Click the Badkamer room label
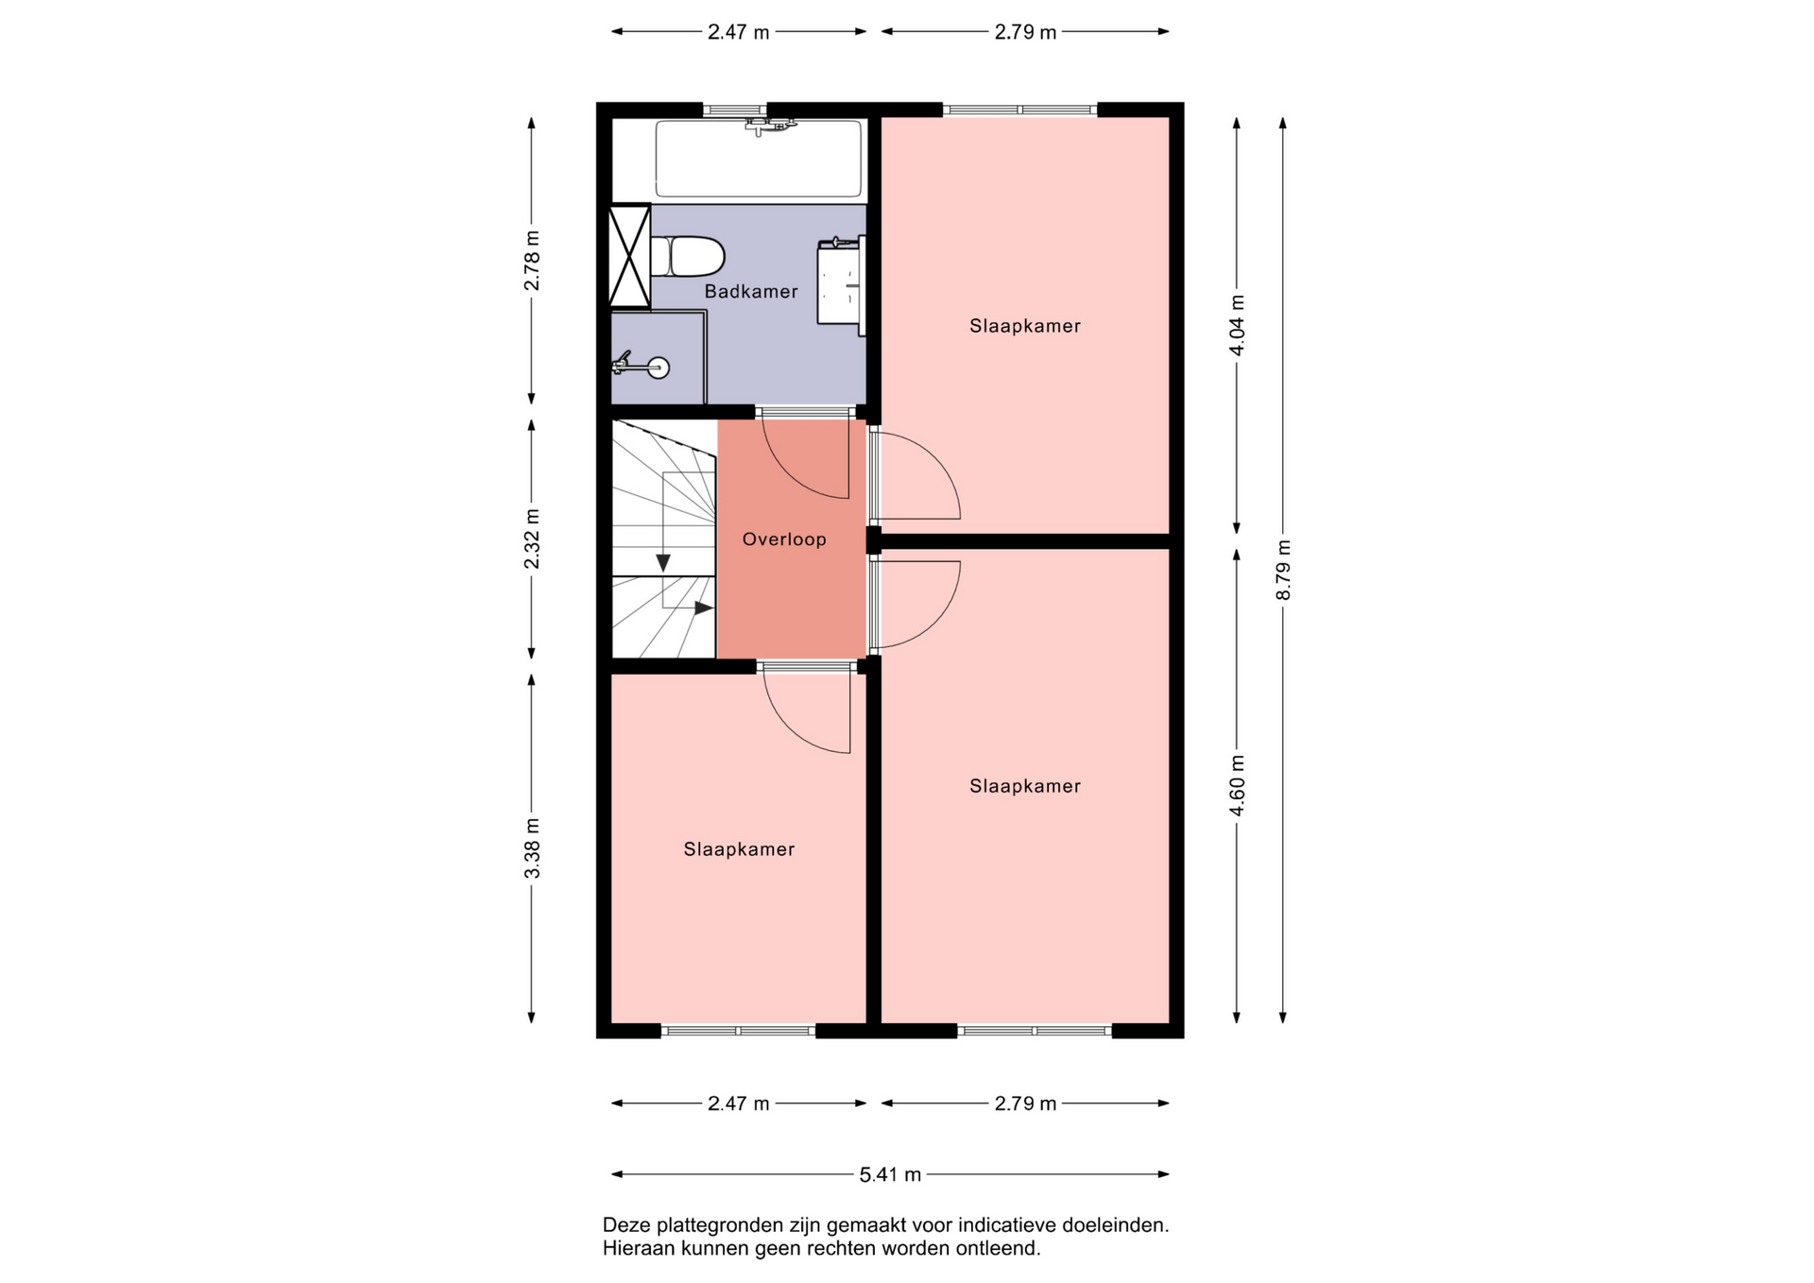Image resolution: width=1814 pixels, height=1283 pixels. [x=751, y=291]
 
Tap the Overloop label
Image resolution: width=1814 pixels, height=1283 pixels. [x=784, y=539]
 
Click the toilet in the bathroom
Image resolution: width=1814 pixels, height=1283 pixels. [x=687, y=256]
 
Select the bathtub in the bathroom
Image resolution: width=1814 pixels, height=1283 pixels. [x=759, y=158]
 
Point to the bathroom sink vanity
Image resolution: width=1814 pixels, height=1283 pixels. [x=841, y=283]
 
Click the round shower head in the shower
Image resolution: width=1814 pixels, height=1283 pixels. [x=659, y=368]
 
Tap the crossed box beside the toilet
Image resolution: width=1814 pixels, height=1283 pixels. [x=629, y=256]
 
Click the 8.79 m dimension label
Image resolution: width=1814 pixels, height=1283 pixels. [x=1282, y=570]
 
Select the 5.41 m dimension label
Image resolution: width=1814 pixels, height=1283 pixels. [x=890, y=1174]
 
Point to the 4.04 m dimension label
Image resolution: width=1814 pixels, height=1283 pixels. [x=1237, y=325]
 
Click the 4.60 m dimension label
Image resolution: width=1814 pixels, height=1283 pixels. [x=1237, y=785]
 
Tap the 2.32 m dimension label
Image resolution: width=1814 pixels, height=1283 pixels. [x=532, y=539]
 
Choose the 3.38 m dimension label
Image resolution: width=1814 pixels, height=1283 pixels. [x=532, y=848]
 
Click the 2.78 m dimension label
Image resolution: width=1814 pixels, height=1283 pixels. [x=532, y=261]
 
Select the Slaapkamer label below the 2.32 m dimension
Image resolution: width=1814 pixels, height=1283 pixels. [x=739, y=849]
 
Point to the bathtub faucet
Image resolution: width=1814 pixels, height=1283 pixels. [x=770, y=125]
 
